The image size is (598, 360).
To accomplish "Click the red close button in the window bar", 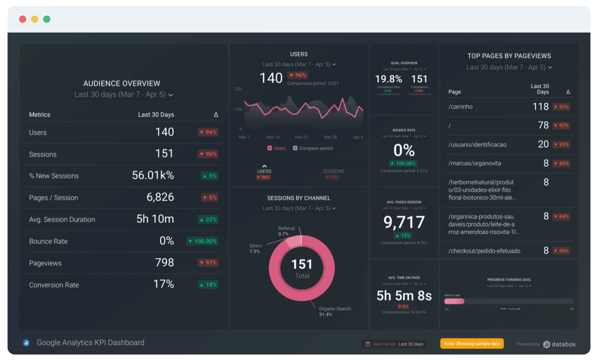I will [x=23, y=19].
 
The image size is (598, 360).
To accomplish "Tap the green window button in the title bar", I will [x=47, y=19].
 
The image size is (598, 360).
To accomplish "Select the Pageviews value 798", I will [x=164, y=263].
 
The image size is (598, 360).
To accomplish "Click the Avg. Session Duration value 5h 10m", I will [x=155, y=219].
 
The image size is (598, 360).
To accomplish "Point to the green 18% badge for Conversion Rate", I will [x=208, y=285].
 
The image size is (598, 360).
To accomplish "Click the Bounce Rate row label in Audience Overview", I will [x=48, y=241].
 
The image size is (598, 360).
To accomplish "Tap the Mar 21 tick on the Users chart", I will [x=301, y=137].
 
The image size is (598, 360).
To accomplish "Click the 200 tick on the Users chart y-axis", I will [x=238, y=89].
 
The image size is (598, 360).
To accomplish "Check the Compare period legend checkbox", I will [x=295, y=148].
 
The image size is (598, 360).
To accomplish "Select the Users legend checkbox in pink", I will [x=269, y=148].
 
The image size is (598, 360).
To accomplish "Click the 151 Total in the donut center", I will [x=302, y=268].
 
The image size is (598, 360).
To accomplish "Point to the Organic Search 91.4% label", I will [x=334, y=311].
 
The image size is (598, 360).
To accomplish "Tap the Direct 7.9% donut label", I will [x=255, y=249].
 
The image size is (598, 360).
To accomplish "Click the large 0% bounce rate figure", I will [x=404, y=150].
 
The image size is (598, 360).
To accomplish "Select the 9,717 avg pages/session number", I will [x=404, y=222].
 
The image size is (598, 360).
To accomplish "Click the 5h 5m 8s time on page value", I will [x=404, y=296].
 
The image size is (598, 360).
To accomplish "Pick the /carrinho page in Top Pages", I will [x=461, y=107].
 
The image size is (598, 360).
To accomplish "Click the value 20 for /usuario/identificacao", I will [x=543, y=144].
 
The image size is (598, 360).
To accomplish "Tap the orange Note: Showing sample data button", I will [x=472, y=344].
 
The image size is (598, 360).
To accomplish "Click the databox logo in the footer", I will [x=559, y=344].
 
